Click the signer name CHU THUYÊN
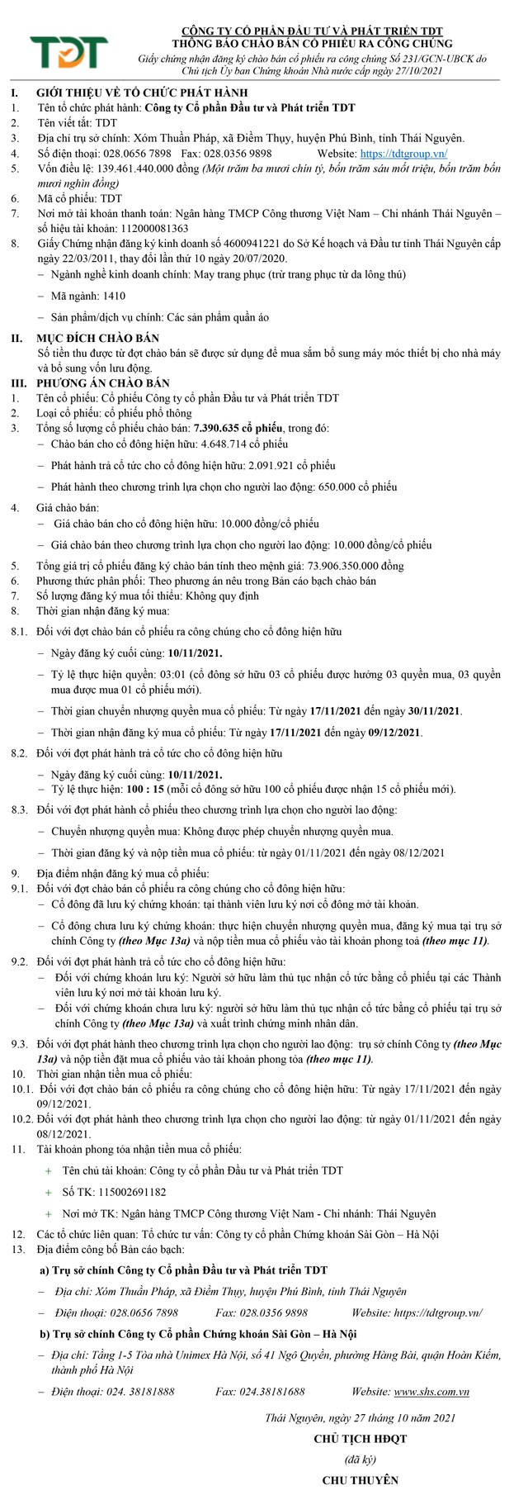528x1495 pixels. (361, 1479)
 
